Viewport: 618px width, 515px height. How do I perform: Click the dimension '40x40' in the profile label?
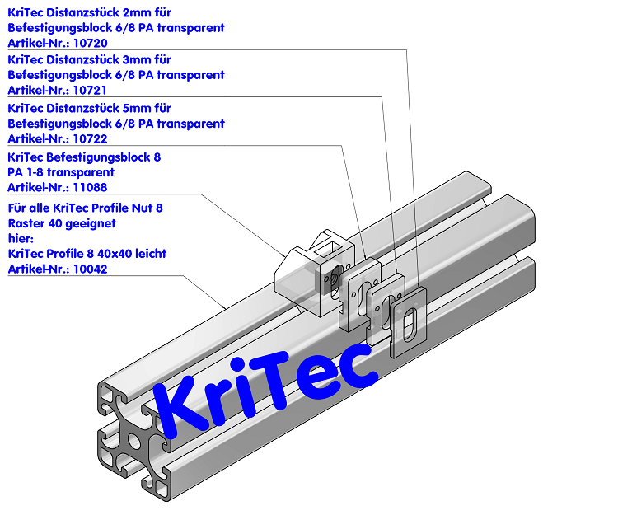(x=138, y=254)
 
